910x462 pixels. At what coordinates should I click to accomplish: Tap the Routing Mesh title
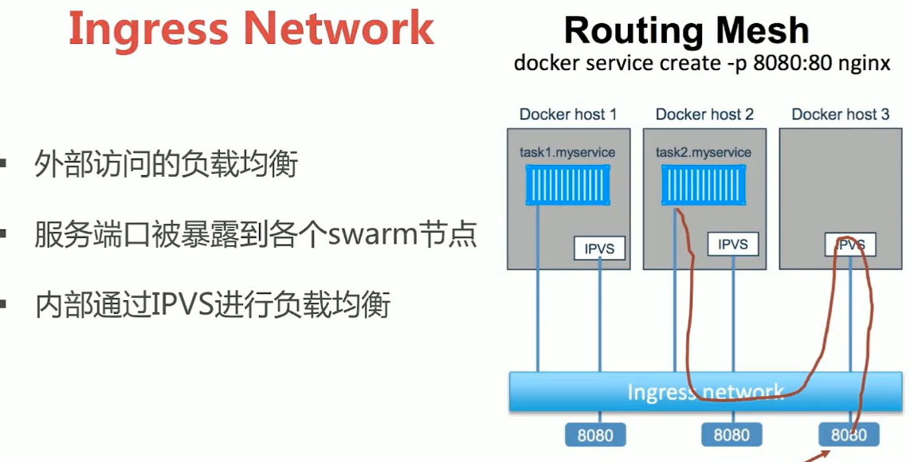[x=686, y=31]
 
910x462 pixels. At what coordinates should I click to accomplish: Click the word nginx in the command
[x=864, y=63]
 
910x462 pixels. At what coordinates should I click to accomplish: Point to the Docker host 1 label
[x=568, y=115]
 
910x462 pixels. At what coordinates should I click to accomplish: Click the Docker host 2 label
[x=704, y=115]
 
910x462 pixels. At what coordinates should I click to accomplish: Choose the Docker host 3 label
[x=840, y=115]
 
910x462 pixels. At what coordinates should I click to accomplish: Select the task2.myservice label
[x=704, y=151]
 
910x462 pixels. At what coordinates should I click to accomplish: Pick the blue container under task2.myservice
[x=703, y=185]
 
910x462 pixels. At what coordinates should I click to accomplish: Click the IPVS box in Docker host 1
[x=599, y=249]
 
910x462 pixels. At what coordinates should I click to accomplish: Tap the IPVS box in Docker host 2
[x=733, y=245]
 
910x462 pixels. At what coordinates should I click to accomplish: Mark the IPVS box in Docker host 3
[x=850, y=245]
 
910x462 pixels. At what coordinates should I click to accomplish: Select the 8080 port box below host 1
[x=595, y=435]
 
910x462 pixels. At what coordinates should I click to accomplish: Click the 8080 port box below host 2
[x=732, y=435]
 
